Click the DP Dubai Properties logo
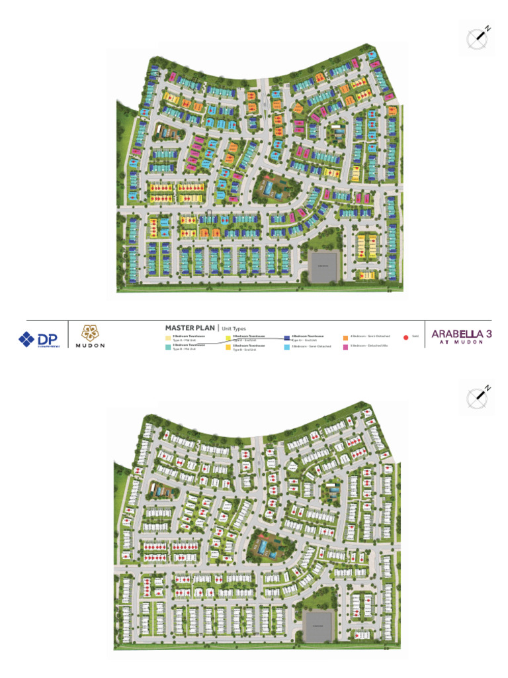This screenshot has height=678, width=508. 39,339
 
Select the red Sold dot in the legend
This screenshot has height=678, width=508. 405,337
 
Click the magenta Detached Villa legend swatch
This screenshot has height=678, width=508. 345,346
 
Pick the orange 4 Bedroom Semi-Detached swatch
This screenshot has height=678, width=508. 345,337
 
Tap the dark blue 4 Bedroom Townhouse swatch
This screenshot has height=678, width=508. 287,338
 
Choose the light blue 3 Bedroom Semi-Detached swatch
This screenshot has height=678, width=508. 287,346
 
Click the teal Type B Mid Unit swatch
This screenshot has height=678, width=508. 167,346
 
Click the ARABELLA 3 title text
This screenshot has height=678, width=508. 461,334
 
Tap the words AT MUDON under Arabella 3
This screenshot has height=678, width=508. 461,343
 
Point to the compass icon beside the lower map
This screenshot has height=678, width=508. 478,397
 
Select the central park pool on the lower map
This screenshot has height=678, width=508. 265,547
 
